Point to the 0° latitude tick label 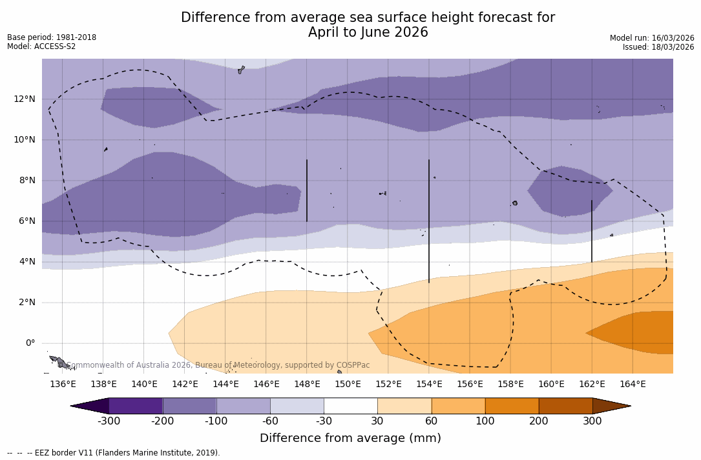click(x=30, y=343)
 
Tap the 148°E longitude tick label click(x=307, y=384)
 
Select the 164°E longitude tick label click(x=633, y=384)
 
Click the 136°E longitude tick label click(x=63, y=384)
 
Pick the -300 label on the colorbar click(x=109, y=421)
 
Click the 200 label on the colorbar click(x=539, y=421)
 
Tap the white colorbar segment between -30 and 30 click(x=351, y=406)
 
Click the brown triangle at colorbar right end click(x=610, y=406)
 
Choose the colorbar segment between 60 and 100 click(x=458, y=406)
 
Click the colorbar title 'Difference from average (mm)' click(x=350, y=438)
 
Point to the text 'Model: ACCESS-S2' click(x=41, y=46)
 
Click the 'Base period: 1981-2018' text click(x=52, y=37)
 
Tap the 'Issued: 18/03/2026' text click(x=658, y=47)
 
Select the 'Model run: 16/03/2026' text click(x=652, y=38)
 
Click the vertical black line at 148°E click(x=307, y=190)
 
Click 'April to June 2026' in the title click(x=368, y=32)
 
